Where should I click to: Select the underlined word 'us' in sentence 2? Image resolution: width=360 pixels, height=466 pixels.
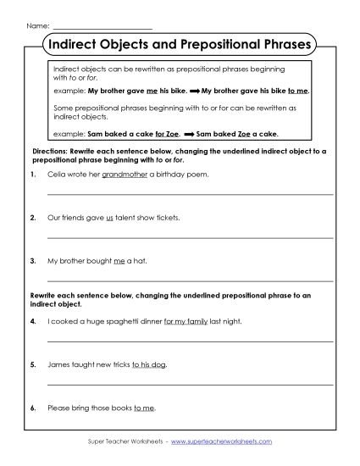[108, 217]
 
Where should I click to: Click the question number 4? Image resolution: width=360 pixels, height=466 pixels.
[31, 322]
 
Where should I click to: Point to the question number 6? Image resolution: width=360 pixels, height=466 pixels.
[31, 408]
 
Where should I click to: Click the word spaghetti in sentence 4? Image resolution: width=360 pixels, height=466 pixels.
[118, 322]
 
